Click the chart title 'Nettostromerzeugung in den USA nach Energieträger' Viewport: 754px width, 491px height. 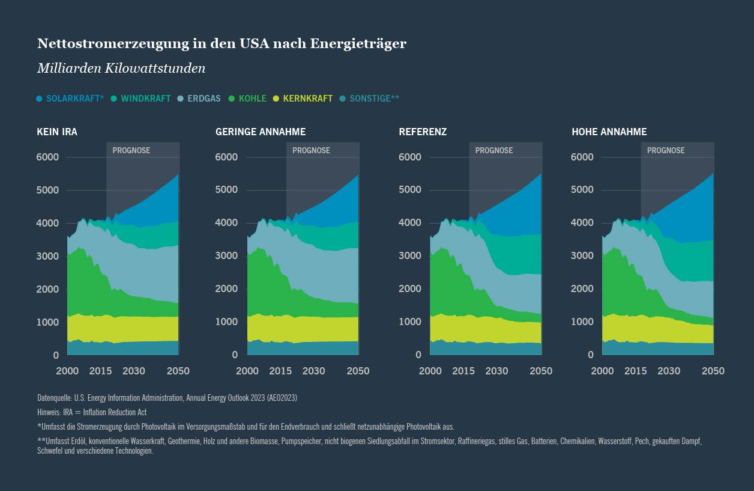click(222, 44)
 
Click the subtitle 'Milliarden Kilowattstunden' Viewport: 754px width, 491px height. click(121, 69)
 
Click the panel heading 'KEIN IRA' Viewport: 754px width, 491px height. click(57, 132)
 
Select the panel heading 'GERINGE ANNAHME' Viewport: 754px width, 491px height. click(261, 132)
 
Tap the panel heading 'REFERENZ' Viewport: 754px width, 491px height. click(423, 132)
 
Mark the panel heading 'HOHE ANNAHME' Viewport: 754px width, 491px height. click(609, 132)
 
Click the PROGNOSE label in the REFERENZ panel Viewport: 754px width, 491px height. click(494, 150)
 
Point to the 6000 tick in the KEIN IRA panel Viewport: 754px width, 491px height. click(47, 157)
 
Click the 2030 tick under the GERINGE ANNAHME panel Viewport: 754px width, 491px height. click(314, 371)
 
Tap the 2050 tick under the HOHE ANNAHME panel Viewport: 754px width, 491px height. click(713, 371)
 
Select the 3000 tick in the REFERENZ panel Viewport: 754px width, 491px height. click(411, 256)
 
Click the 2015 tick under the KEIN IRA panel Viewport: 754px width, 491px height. click(100, 371)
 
